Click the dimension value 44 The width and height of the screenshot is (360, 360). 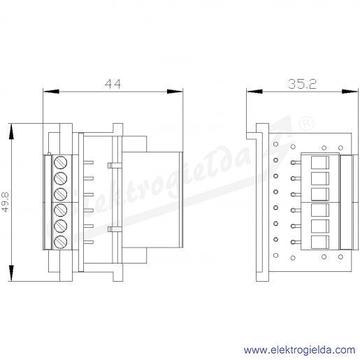point(113,84)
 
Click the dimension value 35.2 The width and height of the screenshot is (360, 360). point(302,84)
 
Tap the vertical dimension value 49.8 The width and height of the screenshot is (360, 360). point(5,202)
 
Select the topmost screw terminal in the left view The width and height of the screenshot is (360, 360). point(61,162)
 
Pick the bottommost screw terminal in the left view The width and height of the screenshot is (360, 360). point(61,242)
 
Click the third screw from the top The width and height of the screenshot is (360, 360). point(61,194)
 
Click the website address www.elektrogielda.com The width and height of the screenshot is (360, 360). point(299,350)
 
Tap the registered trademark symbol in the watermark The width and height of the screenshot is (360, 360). point(306,123)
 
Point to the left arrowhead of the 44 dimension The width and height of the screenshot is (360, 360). point(51,92)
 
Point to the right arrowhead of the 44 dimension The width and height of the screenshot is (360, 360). point(175,92)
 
